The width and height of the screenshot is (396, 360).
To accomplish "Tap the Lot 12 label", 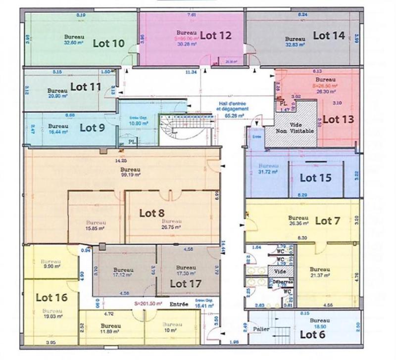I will (x=216, y=35).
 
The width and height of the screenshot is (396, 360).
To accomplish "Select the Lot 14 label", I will (x=329, y=35).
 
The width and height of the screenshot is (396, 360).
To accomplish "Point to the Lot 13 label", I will (x=338, y=119).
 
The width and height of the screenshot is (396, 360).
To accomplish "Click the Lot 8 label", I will (x=151, y=213).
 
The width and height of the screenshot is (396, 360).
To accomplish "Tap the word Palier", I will (x=261, y=328).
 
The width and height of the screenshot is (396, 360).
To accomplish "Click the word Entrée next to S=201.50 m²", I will (x=178, y=305).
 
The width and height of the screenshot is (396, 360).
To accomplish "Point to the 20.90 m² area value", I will (x=57, y=96).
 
